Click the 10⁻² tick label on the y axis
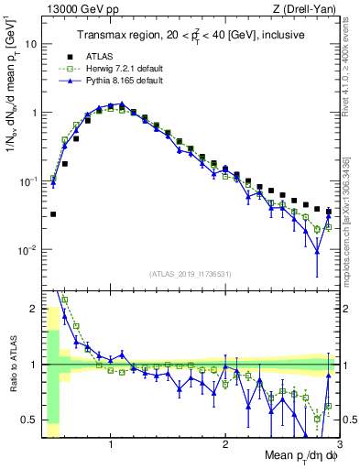(30, 250)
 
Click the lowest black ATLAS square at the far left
(53, 214)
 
